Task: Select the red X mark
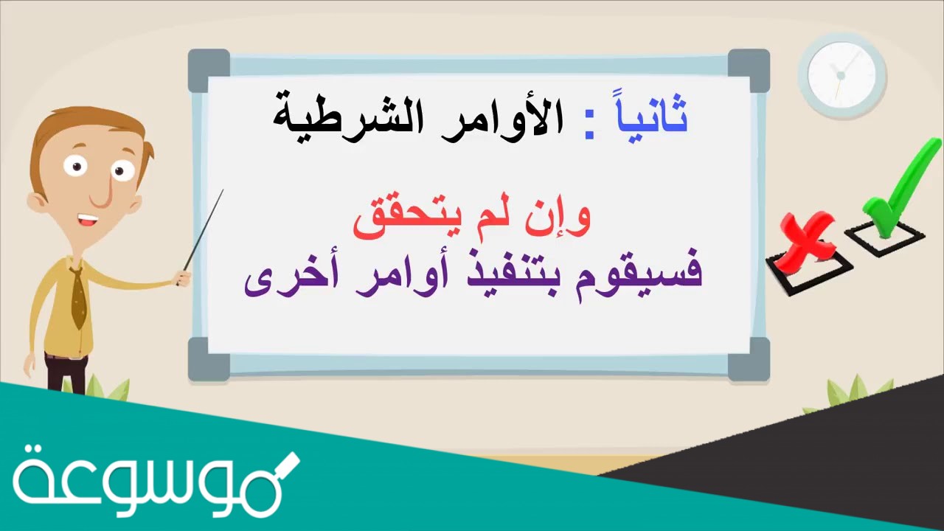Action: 808,240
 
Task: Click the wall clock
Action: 841,74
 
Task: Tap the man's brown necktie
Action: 78,299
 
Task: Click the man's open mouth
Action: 88,220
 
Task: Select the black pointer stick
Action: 204,229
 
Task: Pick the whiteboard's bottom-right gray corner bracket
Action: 749,359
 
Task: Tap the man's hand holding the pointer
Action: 181,278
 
